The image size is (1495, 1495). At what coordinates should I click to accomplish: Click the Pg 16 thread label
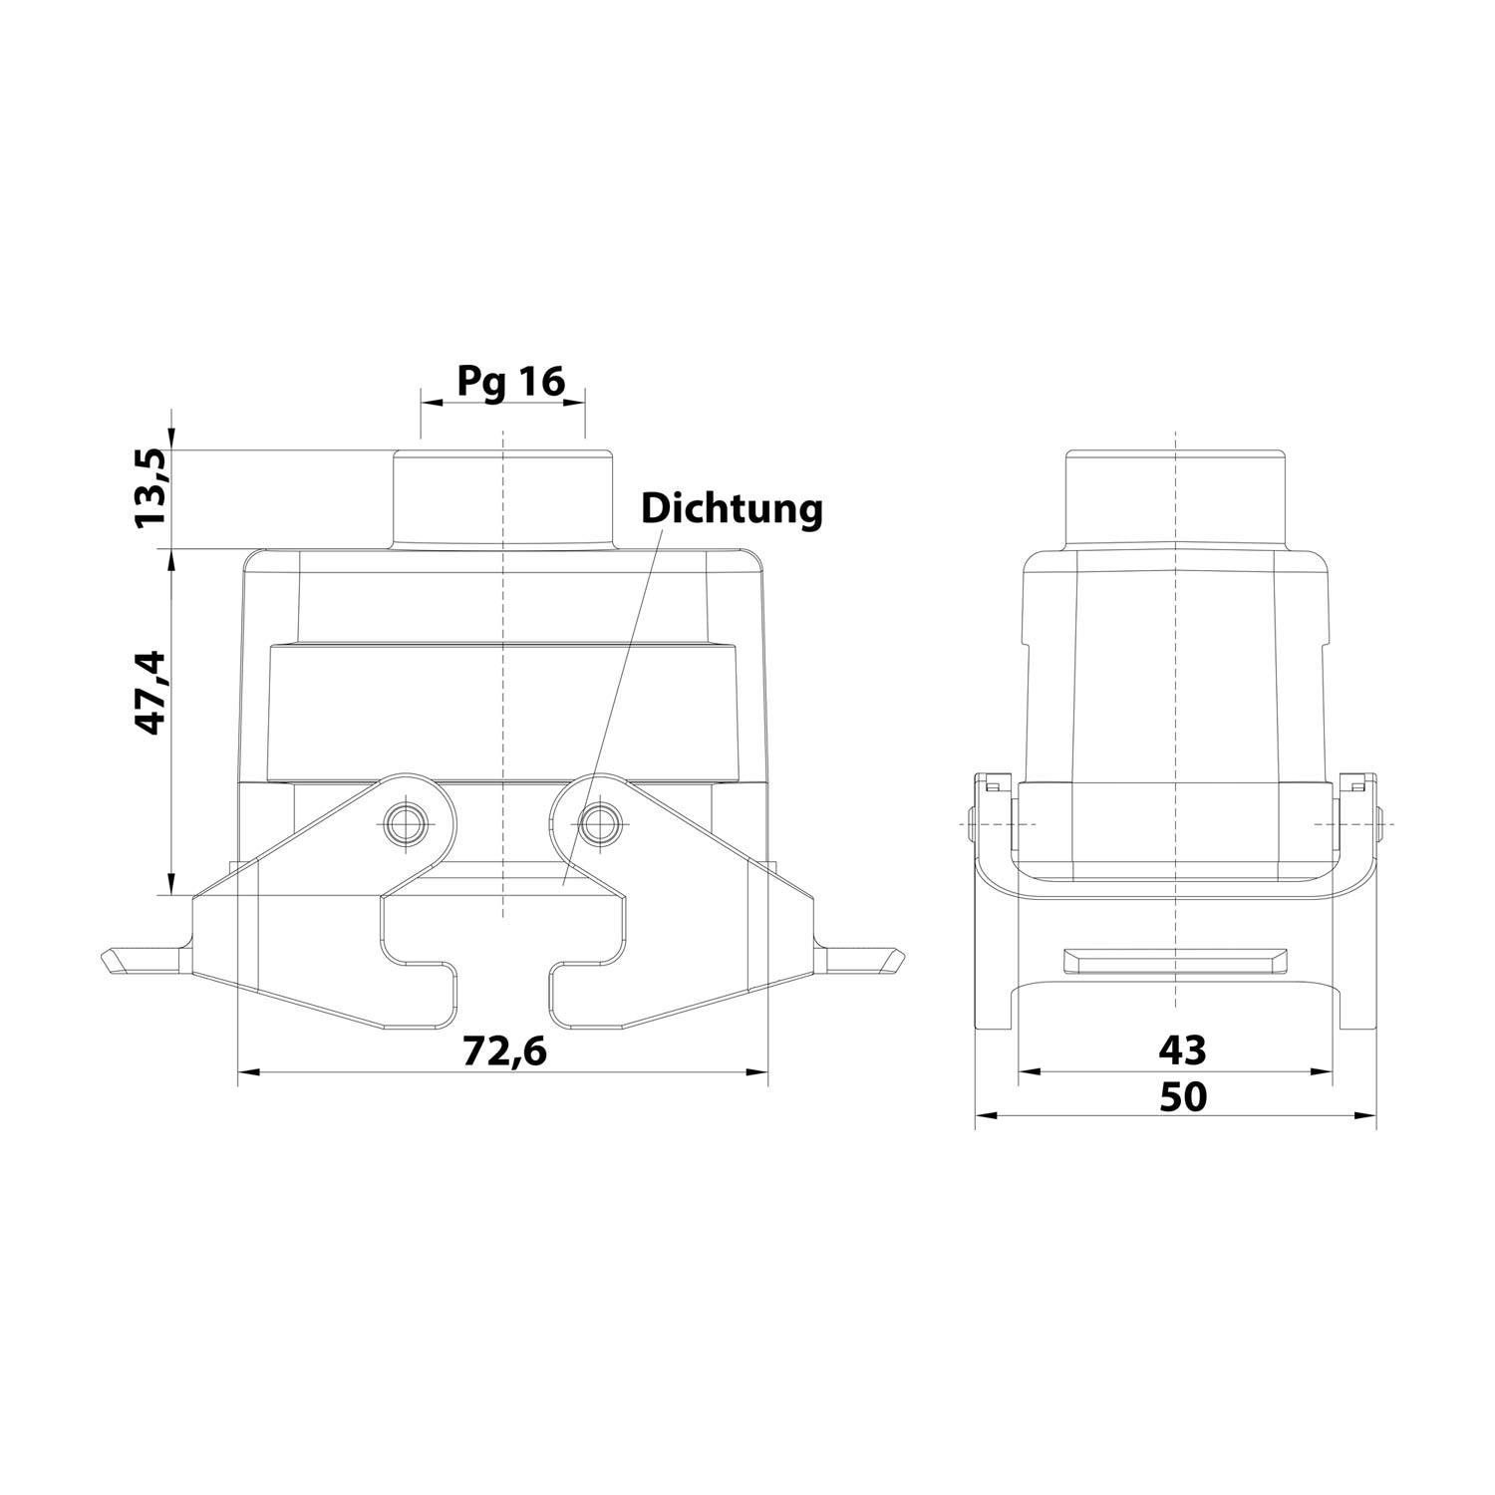tap(511, 380)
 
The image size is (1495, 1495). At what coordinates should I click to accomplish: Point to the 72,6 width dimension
tap(504, 1049)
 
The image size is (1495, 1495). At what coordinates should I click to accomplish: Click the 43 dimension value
tap(1182, 1049)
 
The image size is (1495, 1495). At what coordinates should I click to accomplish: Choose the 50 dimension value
tap(1182, 1096)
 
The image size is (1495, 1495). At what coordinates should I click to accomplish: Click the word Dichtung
tap(732, 508)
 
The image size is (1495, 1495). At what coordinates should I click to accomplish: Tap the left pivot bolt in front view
tap(405, 823)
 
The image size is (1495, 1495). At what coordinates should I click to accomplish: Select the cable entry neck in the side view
tap(1176, 498)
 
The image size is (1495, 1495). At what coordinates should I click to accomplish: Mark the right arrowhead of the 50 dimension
tap(1369, 1116)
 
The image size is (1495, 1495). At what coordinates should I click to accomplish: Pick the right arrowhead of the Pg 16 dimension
tap(576, 403)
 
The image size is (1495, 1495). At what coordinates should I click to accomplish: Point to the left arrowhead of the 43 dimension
tap(1026, 1072)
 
